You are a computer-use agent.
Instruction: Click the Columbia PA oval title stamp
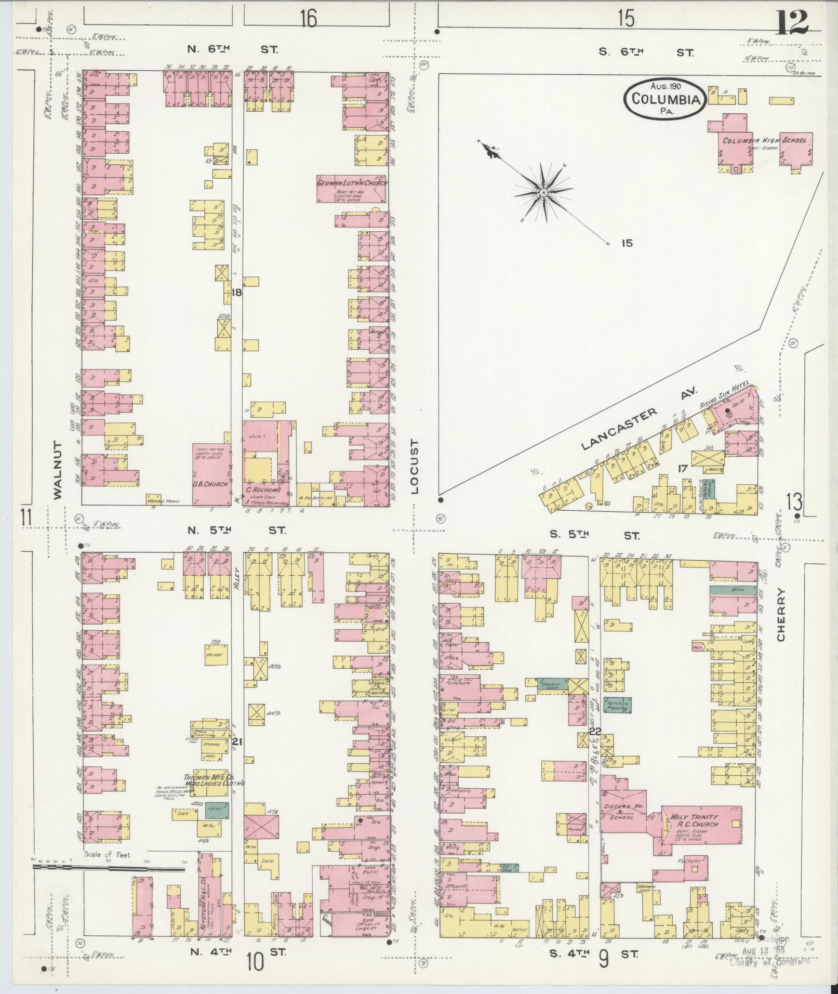tap(664, 98)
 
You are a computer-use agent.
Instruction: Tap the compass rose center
tap(543, 193)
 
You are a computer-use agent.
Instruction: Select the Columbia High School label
tap(765, 140)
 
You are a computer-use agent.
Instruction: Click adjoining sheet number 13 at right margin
tap(794, 502)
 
